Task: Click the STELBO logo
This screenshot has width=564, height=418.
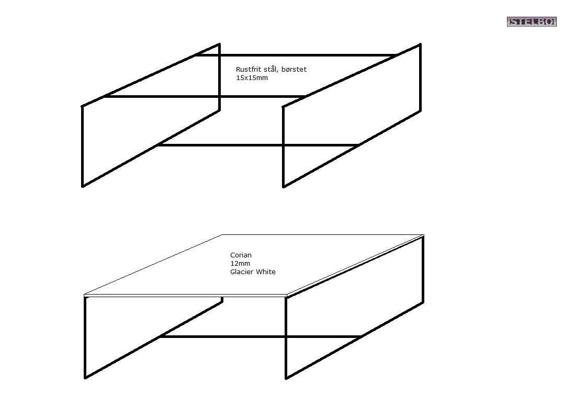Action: pos(531,21)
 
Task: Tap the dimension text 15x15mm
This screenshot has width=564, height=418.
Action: pos(252,78)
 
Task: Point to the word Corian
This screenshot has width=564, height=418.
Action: pos(241,255)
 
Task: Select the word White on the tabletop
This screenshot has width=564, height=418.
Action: pos(266,272)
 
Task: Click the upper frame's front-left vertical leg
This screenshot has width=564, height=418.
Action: pos(83,146)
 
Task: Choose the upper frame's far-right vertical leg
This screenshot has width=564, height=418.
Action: pos(420,78)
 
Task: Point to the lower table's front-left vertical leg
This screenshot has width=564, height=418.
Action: pos(85,337)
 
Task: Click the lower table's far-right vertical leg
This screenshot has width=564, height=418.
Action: pos(423,269)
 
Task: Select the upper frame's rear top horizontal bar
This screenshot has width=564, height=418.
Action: pos(296,55)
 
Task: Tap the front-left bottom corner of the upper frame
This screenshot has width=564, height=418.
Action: pos(83,186)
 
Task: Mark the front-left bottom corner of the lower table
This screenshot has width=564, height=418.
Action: pos(85,377)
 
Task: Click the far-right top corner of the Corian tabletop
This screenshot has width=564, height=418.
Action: pos(423,235)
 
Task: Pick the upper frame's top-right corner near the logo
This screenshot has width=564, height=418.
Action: pos(420,44)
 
